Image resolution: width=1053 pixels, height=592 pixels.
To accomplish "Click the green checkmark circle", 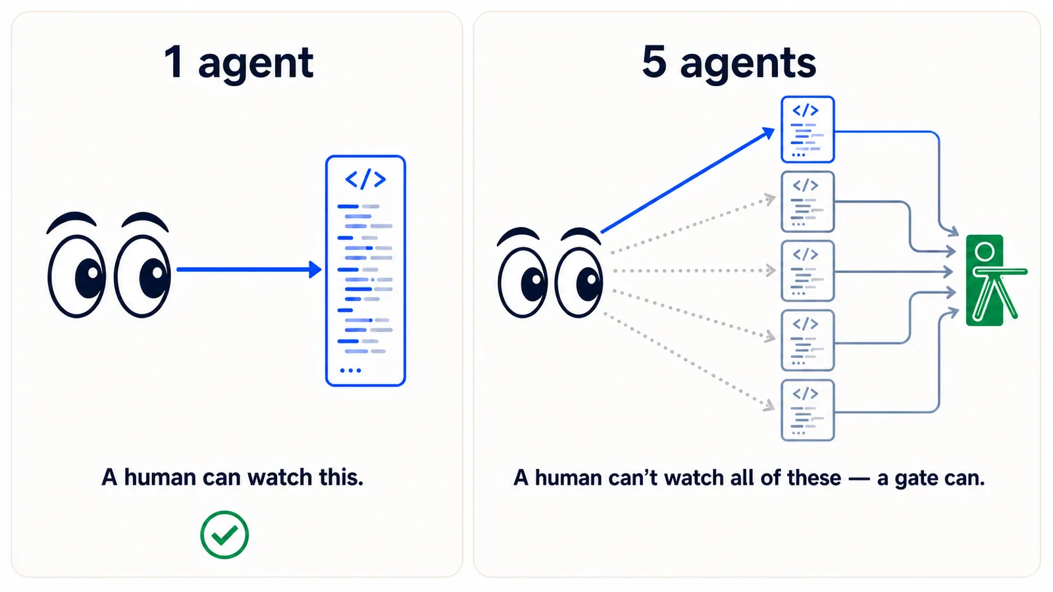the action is pyautogui.click(x=224, y=534).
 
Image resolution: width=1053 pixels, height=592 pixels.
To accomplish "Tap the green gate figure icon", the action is pyautogui.click(x=992, y=280).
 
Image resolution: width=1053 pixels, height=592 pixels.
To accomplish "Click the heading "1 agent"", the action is pyautogui.click(x=238, y=62).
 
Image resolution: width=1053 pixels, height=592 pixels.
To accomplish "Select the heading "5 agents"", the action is pyautogui.click(x=729, y=62).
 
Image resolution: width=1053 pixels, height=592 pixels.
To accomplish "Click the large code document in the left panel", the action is pyautogui.click(x=365, y=270).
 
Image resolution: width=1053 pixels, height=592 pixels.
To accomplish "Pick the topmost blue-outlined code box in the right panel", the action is pyautogui.click(x=808, y=130).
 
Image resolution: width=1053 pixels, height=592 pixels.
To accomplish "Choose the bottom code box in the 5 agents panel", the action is pyautogui.click(x=808, y=410).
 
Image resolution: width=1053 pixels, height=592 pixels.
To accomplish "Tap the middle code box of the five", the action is pyautogui.click(x=808, y=271).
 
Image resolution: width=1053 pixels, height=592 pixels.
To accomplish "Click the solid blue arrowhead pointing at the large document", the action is pyautogui.click(x=315, y=269).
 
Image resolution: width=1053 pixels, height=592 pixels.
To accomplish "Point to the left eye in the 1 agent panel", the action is pyautogui.click(x=76, y=276).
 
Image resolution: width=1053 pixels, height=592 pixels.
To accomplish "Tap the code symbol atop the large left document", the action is pyautogui.click(x=365, y=179).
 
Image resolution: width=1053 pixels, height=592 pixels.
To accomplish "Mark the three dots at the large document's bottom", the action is pyautogui.click(x=350, y=370).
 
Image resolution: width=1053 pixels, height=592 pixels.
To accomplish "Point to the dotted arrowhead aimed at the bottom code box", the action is pyautogui.click(x=769, y=405).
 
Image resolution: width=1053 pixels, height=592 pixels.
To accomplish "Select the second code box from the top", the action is pyautogui.click(x=808, y=201).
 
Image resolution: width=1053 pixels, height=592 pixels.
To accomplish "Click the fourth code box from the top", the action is pyautogui.click(x=808, y=341).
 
